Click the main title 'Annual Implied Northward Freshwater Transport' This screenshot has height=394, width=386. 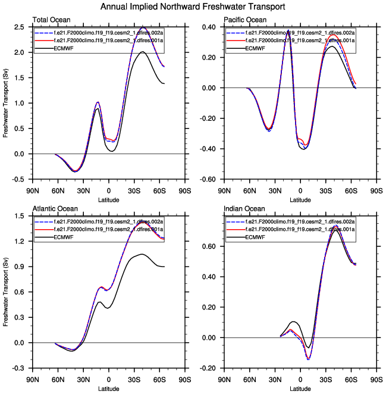(x=193, y=7)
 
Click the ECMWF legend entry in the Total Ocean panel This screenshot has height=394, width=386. (x=62, y=48)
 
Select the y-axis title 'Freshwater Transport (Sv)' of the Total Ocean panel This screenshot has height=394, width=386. (x=6, y=103)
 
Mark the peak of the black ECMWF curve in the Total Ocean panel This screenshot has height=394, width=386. (x=143, y=52)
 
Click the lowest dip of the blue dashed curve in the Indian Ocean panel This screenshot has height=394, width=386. (x=309, y=359)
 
